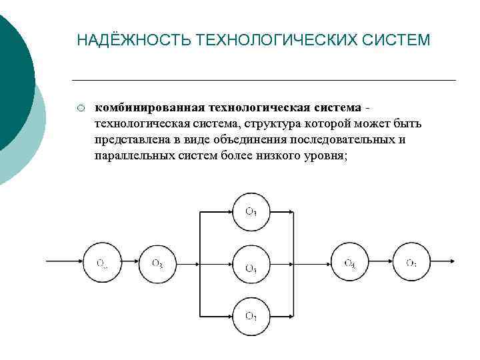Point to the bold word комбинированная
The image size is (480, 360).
click(150, 108)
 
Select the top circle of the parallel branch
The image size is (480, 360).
click(250, 212)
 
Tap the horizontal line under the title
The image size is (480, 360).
click(267, 81)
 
